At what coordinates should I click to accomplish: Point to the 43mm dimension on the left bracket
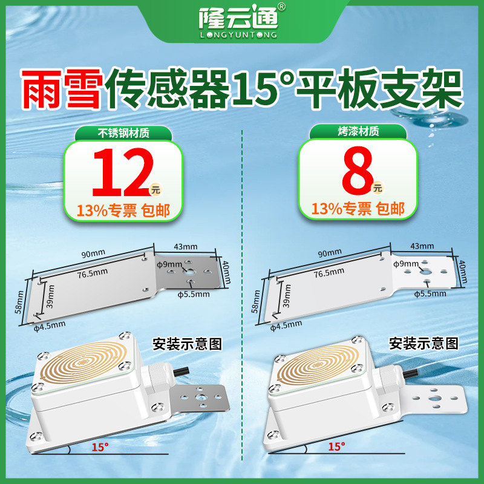[185, 246]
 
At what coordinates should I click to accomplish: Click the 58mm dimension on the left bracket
[19, 301]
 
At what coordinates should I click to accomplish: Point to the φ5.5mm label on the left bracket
[193, 295]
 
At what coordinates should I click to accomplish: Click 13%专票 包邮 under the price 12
[123, 211]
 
